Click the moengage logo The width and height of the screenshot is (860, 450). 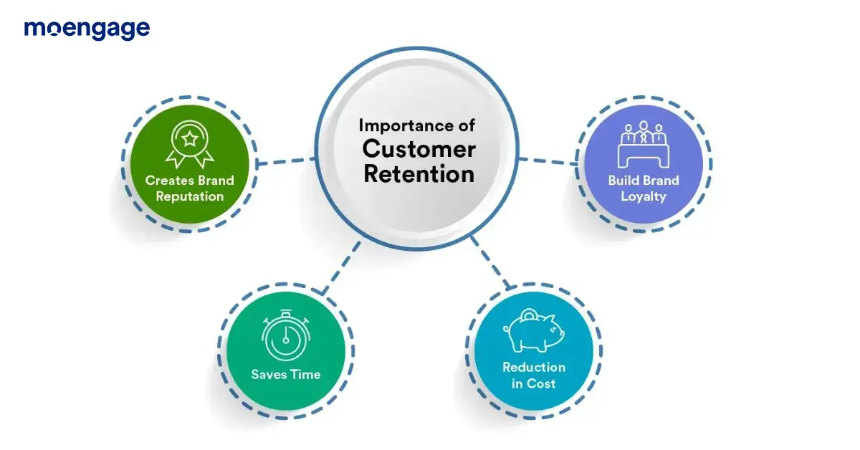click(x=87, y=29)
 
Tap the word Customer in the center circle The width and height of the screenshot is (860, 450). click(x=419, y=149)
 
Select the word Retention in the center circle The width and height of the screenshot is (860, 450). click(x=419, y=174)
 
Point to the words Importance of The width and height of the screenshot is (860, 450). click(x=416, y=125)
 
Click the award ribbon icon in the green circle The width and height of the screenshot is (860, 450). click(x=190, y=144)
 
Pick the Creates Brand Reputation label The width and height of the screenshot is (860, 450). click(x=190, y=188)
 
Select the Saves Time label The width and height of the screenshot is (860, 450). click(x=285, y=374)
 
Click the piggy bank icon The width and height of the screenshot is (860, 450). click(x=534, y=330)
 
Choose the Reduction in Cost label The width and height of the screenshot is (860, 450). click(x=534, y=375)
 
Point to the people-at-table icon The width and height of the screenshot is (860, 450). click(x=643, y=143)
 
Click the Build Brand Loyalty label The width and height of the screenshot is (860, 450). click(x=643, y=188)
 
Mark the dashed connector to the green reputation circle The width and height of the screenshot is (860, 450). click(x=285, y=161)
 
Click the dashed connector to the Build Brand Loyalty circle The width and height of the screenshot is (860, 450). click(x=548, y=161)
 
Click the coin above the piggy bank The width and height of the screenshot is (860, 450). click(x=527, y=315)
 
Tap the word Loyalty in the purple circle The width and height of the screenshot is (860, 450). click(x=643, y=196)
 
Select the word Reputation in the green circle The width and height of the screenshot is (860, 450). click(x=190, y=196)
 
